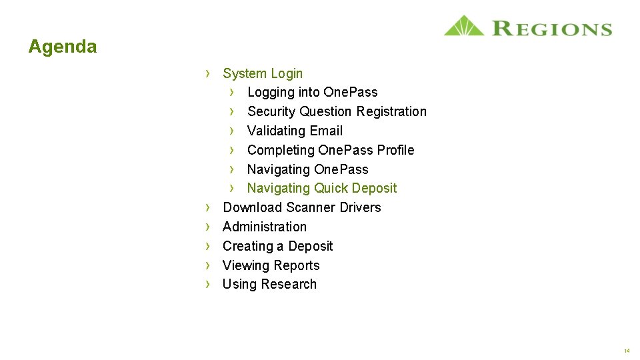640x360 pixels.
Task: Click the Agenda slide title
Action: tap(63, 47)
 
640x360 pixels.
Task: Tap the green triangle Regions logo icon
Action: tap(464, 26)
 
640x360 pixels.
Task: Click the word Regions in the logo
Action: tap(551, 29)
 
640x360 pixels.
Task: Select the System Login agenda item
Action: tap(263, 73)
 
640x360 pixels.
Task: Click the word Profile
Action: tap(395, 150)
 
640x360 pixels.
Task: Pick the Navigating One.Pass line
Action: tap(307, 169)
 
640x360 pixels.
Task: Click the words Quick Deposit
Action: tap(355, 189)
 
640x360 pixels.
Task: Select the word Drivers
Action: tap(360, 207)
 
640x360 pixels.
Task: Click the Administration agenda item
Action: tap(265, 227)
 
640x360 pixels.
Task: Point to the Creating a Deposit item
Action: tap(277, 246)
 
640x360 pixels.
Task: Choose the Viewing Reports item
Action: tap(271, 265)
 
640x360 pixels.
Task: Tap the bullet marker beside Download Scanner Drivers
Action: tap(208, 207)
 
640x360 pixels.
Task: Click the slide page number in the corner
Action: tap(627, 351)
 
